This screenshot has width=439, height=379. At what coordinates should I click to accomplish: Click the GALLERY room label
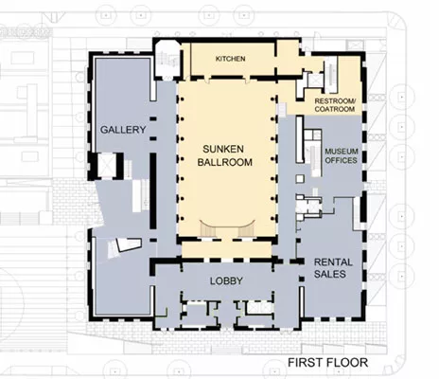(x=123, y=130)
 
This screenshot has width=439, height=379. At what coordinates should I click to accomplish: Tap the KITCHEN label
(x=230, y=59)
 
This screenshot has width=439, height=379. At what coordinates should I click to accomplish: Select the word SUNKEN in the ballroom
(x=223, y=149)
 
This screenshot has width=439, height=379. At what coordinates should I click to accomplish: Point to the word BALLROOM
(x=225, y=162)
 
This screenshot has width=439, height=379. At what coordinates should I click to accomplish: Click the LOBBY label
(x=226, y=280)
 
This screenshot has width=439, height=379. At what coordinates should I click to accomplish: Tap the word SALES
(x=330, y=274)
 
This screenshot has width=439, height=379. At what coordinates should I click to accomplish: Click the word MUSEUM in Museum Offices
(x=342, y=152)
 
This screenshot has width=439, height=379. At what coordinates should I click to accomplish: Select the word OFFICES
(x=342, y=160)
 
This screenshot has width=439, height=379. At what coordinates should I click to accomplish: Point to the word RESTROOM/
(x=335, y=101)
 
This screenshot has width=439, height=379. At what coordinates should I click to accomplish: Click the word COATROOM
(x=335, y=109)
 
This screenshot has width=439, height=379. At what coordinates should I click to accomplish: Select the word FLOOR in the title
(x=347, y=362)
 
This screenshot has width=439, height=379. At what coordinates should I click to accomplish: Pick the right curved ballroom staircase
(x=246, y=228)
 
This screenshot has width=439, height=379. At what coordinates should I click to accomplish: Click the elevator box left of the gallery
(x=107, y=165)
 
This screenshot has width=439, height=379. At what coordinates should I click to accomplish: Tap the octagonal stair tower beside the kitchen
(x=167, y=60)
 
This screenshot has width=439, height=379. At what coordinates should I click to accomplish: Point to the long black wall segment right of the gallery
(x=153, y=191)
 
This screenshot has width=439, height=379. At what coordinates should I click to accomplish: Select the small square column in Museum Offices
(x=300, y=179)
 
